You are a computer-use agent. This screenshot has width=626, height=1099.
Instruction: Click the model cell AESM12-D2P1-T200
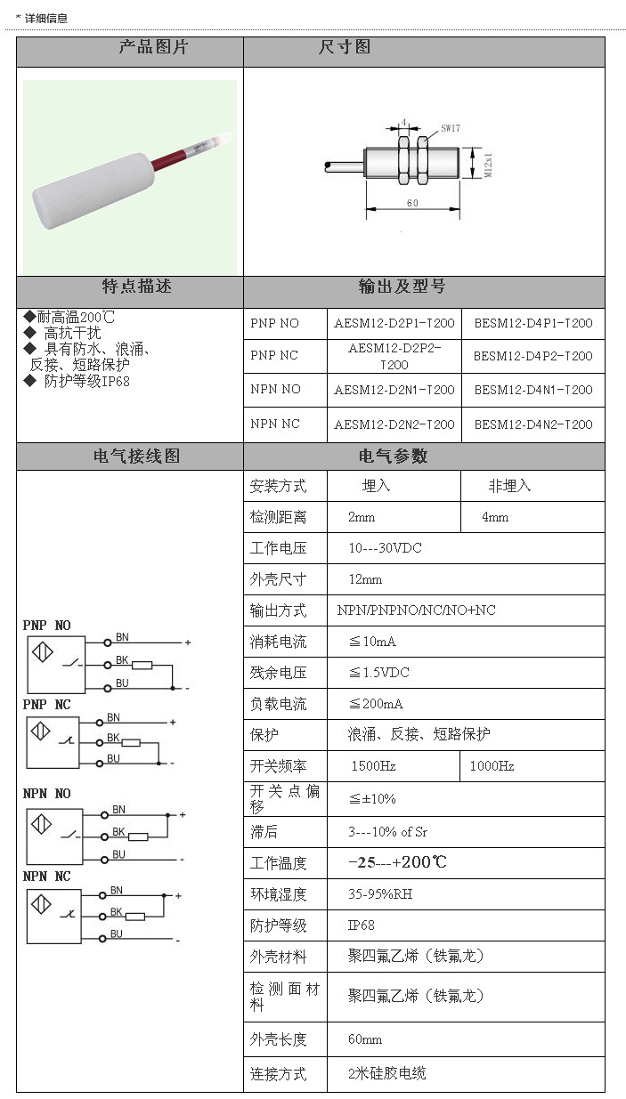[x=394, y=323]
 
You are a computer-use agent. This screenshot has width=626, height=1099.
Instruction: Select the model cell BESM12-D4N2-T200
[x=533, y=424]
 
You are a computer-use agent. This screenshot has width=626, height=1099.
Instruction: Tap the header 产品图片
[x=153, y=47]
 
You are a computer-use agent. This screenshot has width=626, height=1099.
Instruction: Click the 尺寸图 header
[x=345, y=47]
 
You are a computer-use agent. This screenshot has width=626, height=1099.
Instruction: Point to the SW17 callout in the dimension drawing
[x=451, y=128]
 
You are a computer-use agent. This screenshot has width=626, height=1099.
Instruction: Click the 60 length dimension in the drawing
[x=412, y=203]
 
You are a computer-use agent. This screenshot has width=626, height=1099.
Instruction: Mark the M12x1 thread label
[x=488, y=164]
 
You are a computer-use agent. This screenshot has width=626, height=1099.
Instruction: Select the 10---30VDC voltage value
[x=385, y=548]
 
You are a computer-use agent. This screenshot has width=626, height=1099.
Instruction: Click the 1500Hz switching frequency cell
[x=373, y=766]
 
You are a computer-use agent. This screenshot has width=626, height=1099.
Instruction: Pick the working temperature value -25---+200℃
[x=397, y=862]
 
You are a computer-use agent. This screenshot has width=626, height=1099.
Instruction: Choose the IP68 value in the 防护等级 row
[x=362, y=925]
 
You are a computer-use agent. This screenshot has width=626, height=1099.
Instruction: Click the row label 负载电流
[x=278, y=704]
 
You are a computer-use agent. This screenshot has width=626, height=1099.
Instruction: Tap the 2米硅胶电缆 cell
[x=386, y=1073]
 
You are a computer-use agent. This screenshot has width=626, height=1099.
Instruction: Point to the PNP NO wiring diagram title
[x=46, y=626]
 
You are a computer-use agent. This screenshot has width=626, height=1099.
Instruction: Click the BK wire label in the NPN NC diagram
[x=116, y=912]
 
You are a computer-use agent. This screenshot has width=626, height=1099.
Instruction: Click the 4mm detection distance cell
[x=495, y=517]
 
